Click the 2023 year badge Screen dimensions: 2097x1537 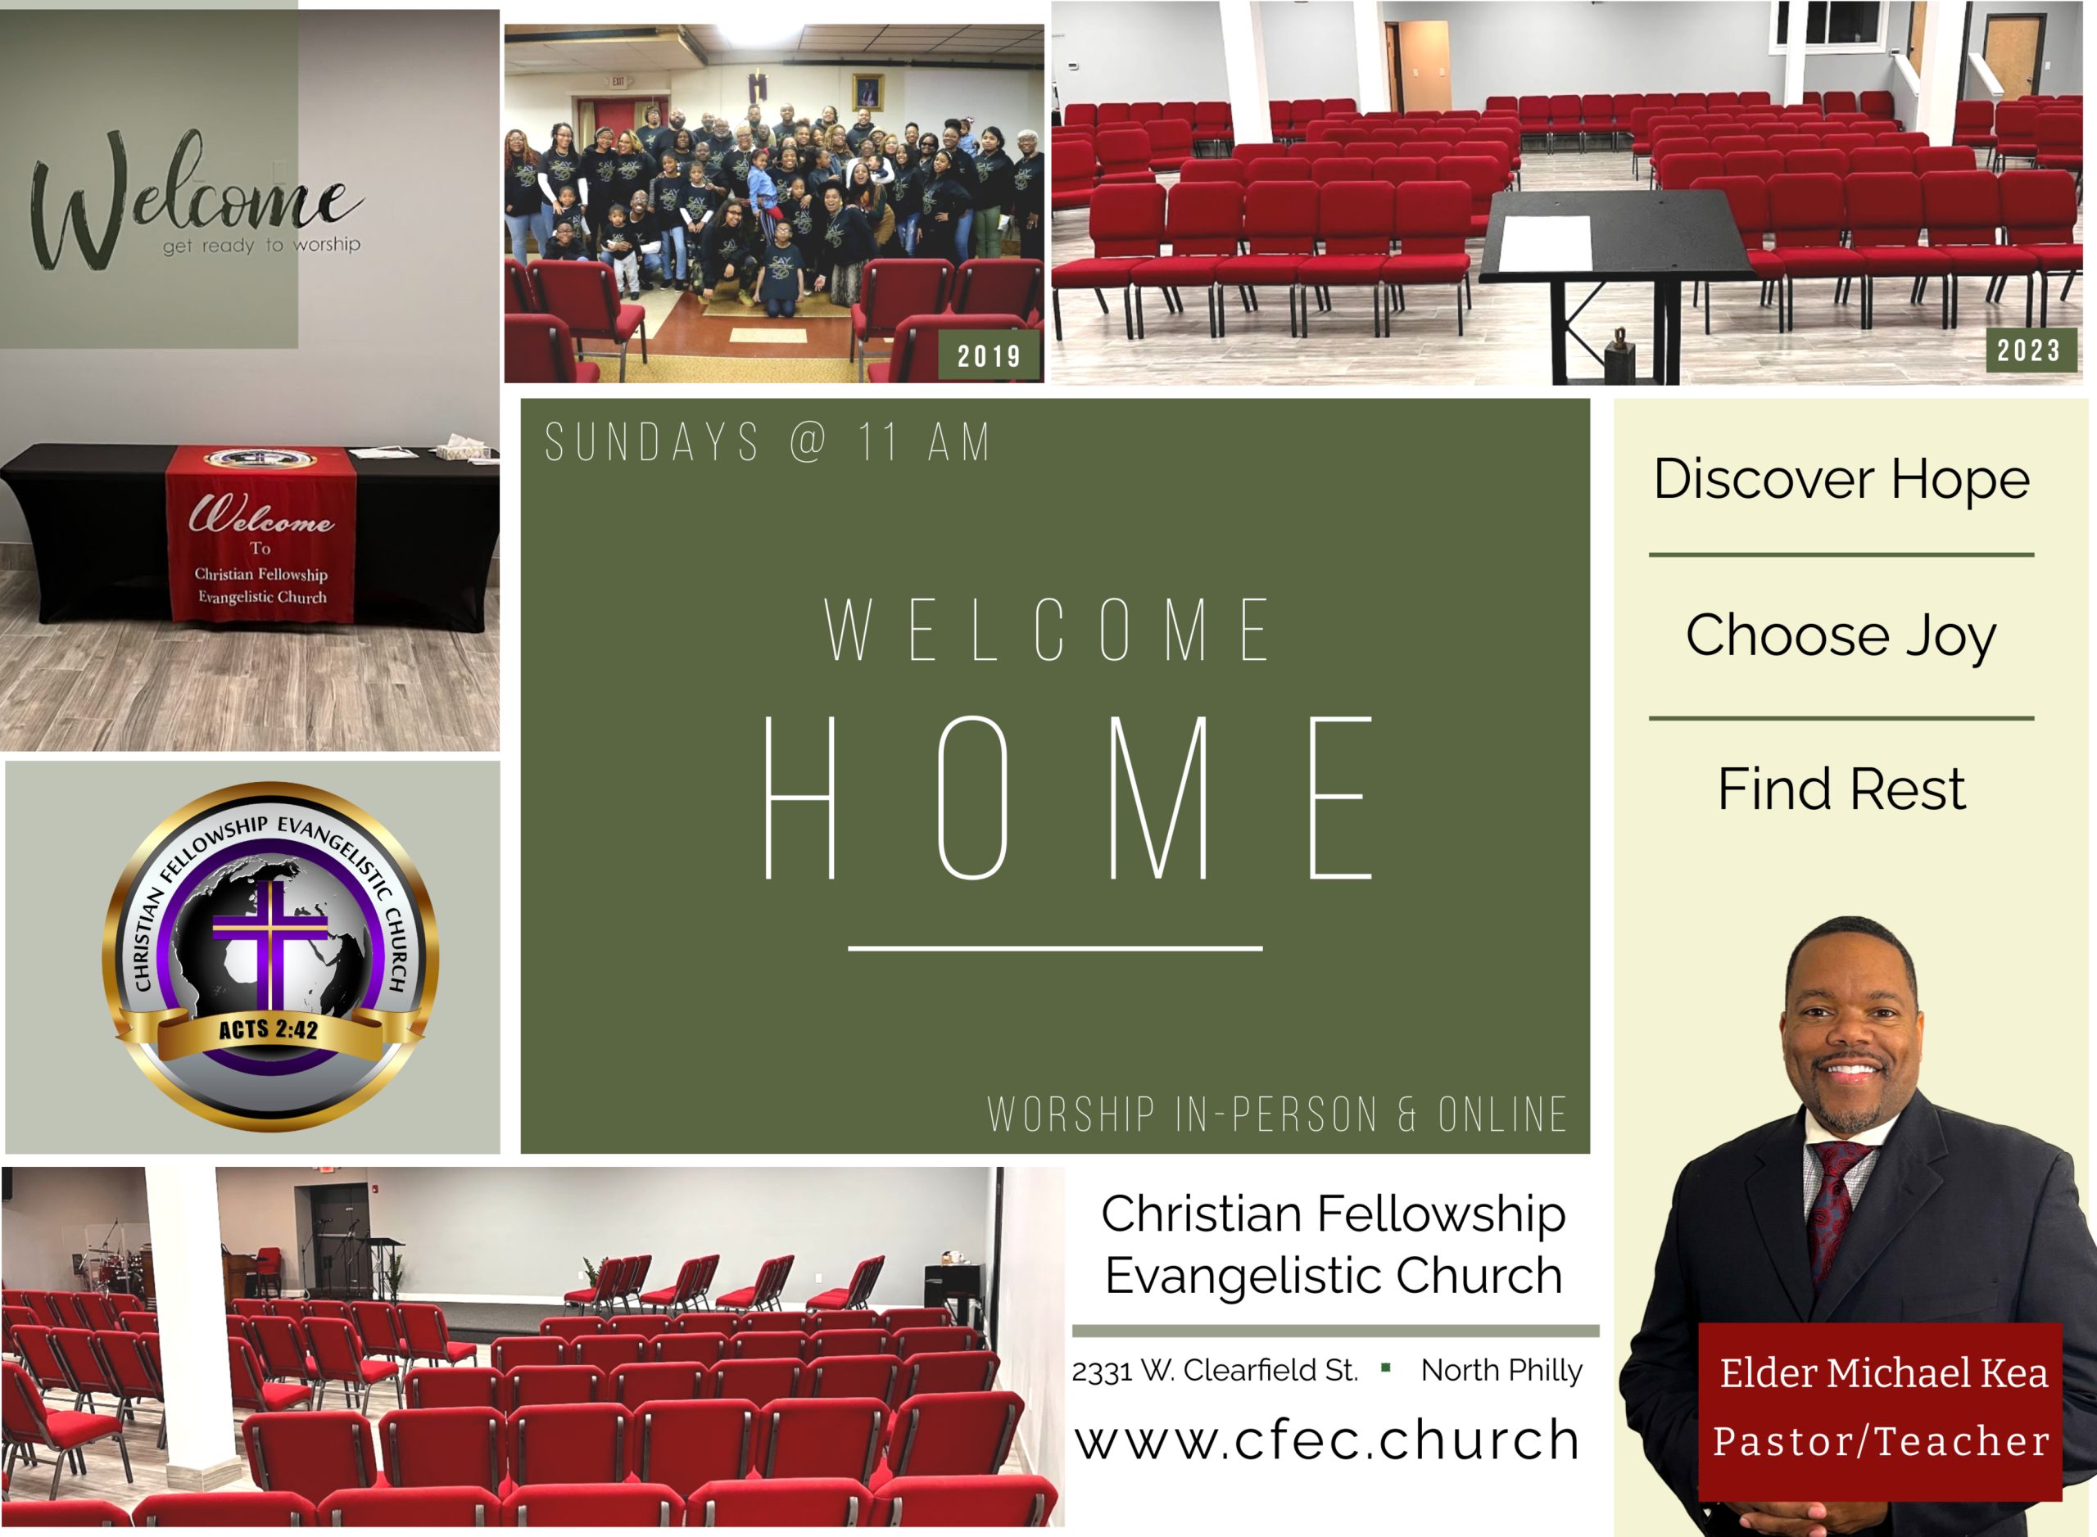[2031, 350]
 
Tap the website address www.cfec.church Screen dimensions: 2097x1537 [1328, 1440]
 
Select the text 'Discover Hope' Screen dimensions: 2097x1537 [1841, 479]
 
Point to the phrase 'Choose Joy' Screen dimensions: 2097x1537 [1841, 635]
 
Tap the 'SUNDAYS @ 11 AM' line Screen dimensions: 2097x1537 [768, 442]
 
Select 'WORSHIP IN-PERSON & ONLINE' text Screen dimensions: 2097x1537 [1277, 1114]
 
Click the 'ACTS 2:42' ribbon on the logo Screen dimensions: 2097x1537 [269, 1029]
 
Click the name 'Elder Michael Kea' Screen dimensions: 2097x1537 [1883, 1373]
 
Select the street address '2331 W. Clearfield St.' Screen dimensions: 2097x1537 [1215, 1371]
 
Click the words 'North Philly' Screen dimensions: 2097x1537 [1501, 1371]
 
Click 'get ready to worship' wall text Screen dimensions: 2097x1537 [261, 245]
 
